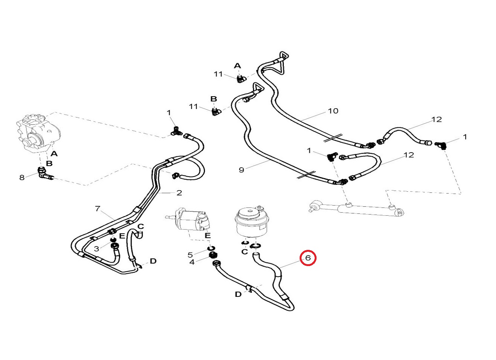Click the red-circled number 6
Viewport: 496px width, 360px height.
(308, 258)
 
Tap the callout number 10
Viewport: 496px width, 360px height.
(333, 111)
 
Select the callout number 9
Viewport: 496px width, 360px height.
(241, 170)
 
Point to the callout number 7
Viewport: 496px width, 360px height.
(98, 209)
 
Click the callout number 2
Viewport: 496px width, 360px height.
(179, 193)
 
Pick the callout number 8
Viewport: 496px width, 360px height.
(22, 177)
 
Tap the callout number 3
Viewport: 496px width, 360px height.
(96, 249)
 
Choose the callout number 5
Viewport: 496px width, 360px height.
(190, 255)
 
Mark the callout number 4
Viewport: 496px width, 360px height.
(192, 262)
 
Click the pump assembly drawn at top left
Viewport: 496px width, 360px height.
(38, 133)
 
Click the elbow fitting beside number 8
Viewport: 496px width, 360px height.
(44, 174)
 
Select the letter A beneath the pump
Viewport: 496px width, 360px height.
(54, 154)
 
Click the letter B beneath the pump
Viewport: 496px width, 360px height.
(49, 163)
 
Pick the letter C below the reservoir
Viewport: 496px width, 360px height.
(244, 252)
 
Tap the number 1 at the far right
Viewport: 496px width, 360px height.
(465, 137)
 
